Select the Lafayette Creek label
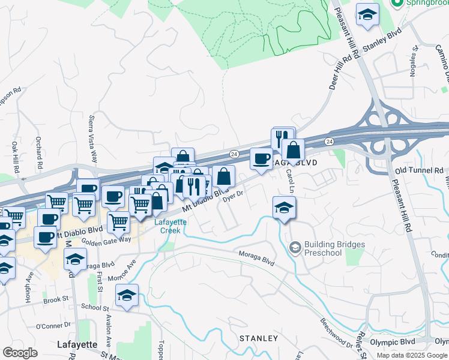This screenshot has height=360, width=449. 171,226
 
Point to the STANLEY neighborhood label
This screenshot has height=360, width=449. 259,338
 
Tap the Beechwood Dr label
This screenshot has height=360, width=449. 336,334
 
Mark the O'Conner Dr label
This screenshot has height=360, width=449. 53,326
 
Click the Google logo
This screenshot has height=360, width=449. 20,352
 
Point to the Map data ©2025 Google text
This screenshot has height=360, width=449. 412,355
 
